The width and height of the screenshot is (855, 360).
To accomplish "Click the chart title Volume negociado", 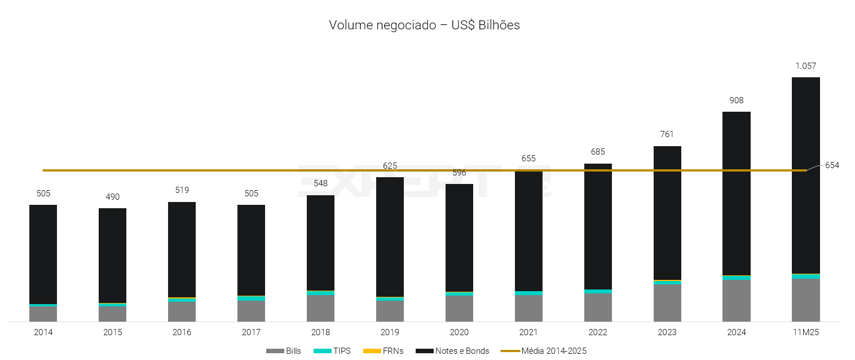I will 424,25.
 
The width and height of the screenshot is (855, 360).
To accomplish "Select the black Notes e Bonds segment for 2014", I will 43,254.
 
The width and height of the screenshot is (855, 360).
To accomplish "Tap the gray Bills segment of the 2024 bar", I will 736,300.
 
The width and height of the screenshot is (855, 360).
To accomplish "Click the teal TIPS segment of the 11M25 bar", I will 805,276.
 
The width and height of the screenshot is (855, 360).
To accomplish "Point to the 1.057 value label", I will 805,66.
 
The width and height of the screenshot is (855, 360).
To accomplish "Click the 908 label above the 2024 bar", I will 736,100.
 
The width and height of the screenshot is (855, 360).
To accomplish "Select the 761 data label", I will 667,134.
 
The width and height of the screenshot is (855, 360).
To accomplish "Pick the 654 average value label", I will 832,165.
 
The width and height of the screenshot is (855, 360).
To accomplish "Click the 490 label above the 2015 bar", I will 112,197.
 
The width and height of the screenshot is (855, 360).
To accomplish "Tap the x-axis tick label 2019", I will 390,332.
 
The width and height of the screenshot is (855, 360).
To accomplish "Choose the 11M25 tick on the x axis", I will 805,332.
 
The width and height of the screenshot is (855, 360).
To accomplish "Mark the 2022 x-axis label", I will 597,332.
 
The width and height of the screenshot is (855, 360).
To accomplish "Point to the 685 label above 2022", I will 597,152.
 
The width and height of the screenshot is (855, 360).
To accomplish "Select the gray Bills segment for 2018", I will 320,308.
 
